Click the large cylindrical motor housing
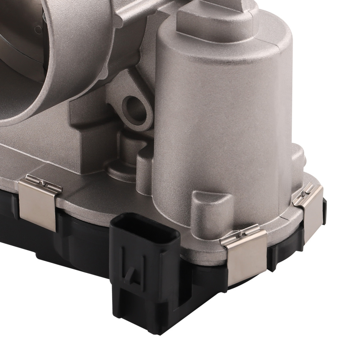223,119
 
